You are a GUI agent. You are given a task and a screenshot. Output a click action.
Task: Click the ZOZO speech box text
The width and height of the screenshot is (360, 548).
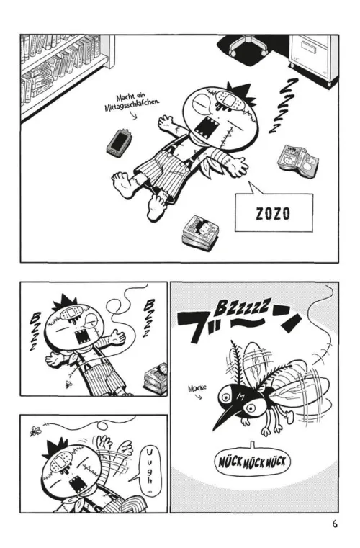coord(273,214)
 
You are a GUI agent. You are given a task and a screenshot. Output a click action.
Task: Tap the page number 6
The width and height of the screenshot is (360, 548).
coord(335,524)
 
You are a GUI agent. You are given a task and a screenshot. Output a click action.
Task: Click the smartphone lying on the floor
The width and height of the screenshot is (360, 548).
coord(119,141)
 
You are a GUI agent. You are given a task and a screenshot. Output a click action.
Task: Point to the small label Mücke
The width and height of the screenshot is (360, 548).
coord(197,387)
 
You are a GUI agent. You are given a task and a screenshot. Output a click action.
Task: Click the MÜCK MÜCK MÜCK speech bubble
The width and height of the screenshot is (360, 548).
coord(252,462)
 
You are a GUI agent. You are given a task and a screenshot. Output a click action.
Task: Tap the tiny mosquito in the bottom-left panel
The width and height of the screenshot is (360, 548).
coord(35,430)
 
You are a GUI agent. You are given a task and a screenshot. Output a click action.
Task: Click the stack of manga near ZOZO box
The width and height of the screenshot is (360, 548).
coord(200,232)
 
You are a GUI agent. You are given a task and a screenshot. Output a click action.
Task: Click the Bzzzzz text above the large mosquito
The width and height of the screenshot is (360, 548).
coord(243,306)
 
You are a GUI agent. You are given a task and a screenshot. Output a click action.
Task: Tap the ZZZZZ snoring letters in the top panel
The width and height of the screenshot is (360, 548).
coord(284,106)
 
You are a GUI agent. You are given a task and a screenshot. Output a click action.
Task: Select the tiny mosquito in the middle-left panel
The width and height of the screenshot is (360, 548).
coord(68,385)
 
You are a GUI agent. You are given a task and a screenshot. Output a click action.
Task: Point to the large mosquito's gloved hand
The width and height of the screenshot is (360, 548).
coord(289,416)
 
